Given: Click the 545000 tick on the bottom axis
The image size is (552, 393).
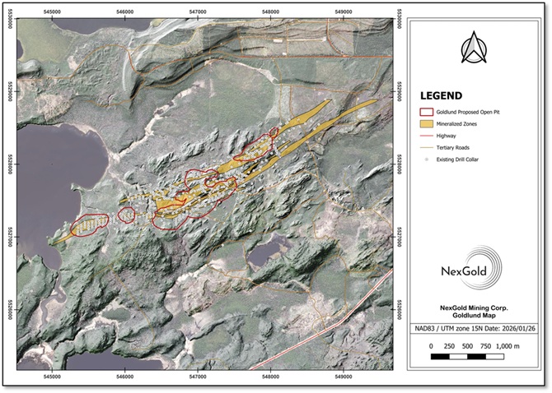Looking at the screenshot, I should pyautogui.click(x=51, y=379).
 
